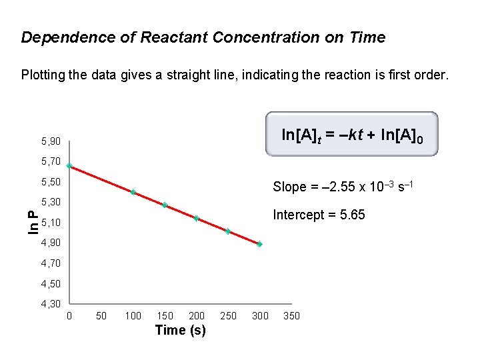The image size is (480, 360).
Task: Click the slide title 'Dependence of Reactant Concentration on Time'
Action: pyautogui.click(x=203, y=37)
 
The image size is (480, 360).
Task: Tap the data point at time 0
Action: pyautogui.click(x=69, y=166)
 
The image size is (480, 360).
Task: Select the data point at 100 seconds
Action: pyautogui.click(x=133, y=193)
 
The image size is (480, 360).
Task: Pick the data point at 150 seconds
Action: pyautogui.click(x=165, y=205)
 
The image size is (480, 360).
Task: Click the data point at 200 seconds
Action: pyautogui.click(x=197, y=218)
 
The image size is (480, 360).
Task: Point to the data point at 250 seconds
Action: pyautogui.click(x=228, y=231)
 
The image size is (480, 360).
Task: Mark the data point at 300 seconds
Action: pyautogui.click(x=259, y=245)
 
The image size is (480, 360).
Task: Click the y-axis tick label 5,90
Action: pyautogui.click(x=51, y=141)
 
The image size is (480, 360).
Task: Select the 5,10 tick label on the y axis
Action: pyautogui.click(x=51, y=223)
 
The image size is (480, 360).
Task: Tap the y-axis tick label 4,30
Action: pyautogui.click(x=51, y=304)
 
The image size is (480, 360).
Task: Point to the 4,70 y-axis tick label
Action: pyautogui.click(x=51, y=263)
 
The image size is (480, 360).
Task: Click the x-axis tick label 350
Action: pyautogui.click(x=291, y=315)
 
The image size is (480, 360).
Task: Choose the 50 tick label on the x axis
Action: pyautogui.click(x=101, y=315)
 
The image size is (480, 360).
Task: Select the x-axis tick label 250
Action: pyautogui.click(x=228, y=315)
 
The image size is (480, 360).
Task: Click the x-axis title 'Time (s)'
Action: pyautogui.click(x=180, y=330)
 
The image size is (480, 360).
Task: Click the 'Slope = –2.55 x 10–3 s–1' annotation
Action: pyautogui.click(x=344, y=187)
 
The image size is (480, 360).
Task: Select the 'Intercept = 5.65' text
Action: pyautogui.click(x=319, y=215)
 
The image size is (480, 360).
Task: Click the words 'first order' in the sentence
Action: pyautogui.click(x=420, y=75)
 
